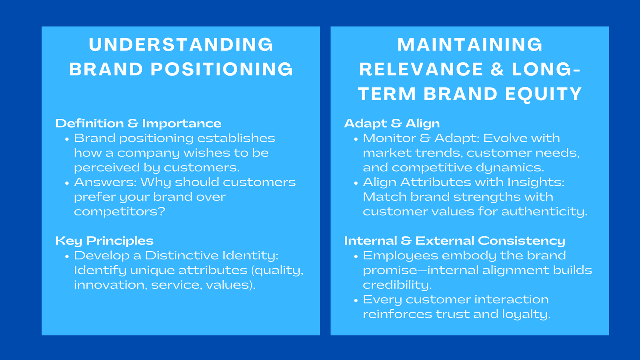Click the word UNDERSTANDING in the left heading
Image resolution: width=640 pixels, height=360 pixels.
coord(181,44)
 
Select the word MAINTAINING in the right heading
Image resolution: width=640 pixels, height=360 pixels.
coord(470,44)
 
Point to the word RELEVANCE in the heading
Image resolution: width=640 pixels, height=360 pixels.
coord(421,69)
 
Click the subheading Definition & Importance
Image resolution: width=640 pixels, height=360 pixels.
coord(138,123)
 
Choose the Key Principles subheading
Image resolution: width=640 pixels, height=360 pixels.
coord(104,240)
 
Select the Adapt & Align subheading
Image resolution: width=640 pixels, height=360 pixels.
coord(392,123)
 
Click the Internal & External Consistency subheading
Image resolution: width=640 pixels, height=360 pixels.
coord(454,240)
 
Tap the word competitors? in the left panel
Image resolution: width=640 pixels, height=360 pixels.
coord(119,211)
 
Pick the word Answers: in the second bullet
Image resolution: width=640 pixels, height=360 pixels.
coord(105,182)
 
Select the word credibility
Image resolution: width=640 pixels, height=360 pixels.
coord(397,285)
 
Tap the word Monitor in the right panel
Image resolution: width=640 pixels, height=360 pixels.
coord(389,138)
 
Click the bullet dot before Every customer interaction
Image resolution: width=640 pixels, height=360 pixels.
coord(356,300)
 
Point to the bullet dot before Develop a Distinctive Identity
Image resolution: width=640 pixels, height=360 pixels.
coord(67,256)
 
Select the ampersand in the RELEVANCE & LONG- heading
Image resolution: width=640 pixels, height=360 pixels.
coord(497,69)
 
